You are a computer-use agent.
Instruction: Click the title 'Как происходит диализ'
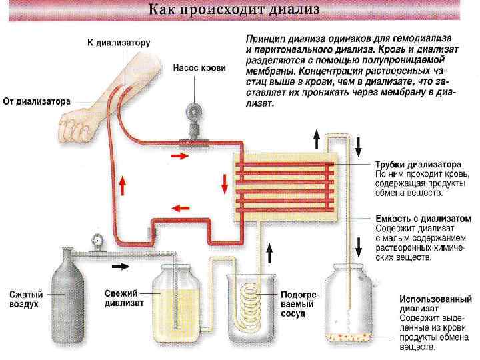tap(234, 10)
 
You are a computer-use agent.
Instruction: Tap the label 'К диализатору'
tap(119, 43)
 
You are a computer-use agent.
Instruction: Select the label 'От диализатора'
tap(37, 102)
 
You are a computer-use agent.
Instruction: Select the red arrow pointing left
tap(179, 207)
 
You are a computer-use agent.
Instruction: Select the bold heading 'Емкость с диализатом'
tap(422, 218)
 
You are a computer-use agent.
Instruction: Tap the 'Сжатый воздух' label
tap(26, 298)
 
